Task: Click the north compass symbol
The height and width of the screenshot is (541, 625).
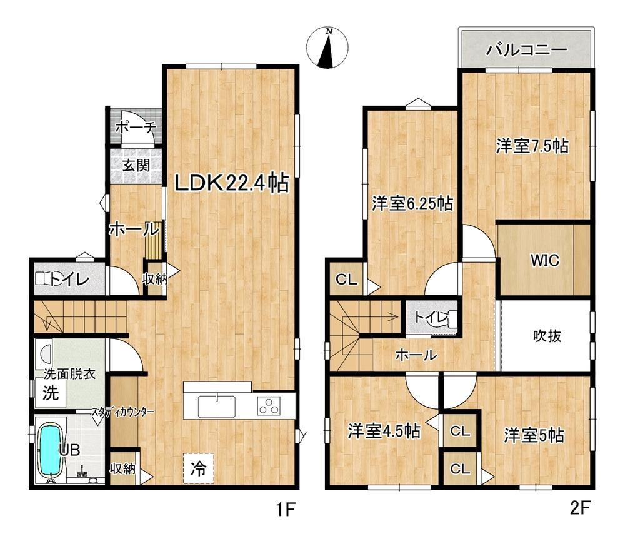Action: coord(327,48)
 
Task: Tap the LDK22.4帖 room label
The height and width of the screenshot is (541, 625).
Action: coord(232,183)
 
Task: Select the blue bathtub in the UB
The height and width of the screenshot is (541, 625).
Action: coord(51,451)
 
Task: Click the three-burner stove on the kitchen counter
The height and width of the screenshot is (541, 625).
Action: coord(268,406)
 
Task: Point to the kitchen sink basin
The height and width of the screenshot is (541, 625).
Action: coord(217,406)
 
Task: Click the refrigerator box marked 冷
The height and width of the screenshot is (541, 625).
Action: coord(199,468)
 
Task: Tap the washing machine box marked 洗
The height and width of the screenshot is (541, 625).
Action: coord(51,393)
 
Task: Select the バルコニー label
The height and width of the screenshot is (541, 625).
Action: coord(526,49)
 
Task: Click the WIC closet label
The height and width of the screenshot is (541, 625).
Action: coord(544,260)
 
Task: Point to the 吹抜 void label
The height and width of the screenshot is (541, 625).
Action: coord(547,336)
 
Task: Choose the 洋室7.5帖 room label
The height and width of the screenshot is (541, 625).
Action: coord(532,146)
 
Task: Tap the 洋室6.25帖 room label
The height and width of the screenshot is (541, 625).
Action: coord(412,203)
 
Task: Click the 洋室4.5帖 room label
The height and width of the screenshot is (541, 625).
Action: coord(384,431)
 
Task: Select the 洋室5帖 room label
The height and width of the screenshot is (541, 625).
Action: coord(534,435)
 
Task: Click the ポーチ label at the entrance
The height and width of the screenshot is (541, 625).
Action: coord(136,127)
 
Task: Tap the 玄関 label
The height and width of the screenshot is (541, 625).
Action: coord(136,165)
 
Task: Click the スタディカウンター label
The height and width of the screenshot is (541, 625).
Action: coord(122,412)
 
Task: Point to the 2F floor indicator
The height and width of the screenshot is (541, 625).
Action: coord(580,508)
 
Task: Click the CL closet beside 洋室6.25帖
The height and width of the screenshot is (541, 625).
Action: coord(347,280)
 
